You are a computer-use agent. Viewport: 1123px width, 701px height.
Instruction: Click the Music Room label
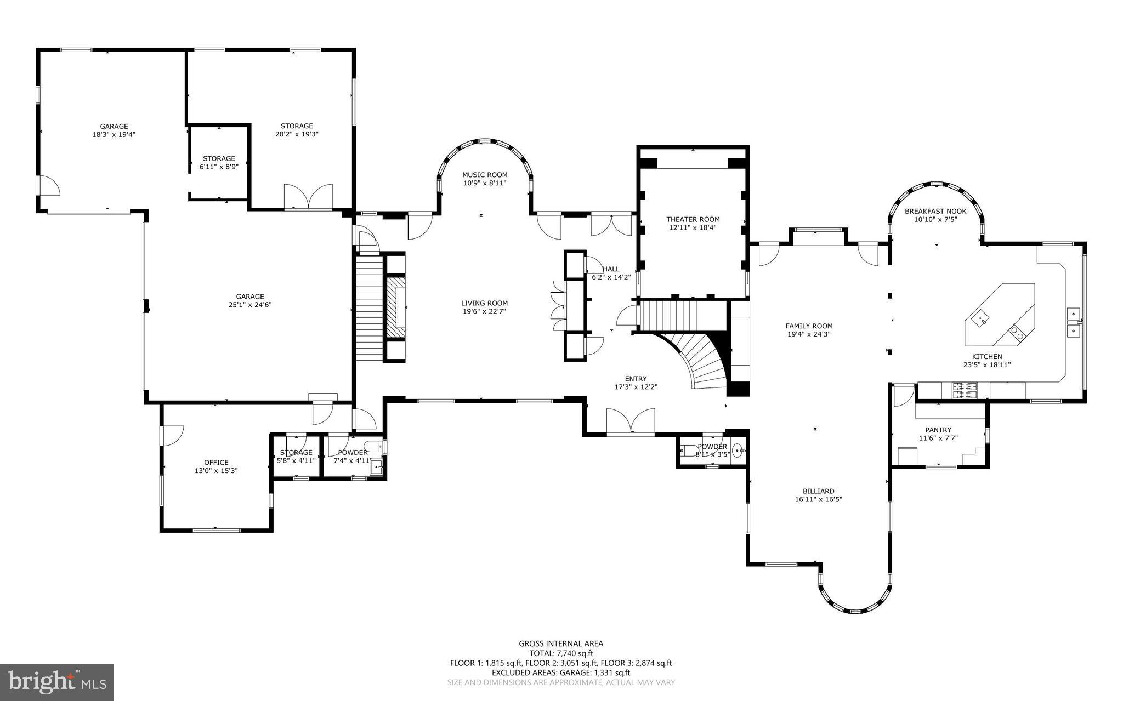(x=484, y=175)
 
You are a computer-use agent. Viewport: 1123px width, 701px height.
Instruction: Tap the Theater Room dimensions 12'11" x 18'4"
(x=693, y=227)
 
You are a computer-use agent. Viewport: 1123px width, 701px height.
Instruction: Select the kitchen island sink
(x=979, y=318)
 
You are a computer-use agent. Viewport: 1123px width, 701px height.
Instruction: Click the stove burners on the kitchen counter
(x=965, y=390)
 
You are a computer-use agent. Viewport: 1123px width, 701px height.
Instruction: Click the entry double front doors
(x=631, y=422)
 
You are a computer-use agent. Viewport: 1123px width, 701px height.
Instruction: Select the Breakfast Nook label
(x=935, y=212)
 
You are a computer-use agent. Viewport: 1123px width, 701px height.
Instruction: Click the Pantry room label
(x=938, y=430)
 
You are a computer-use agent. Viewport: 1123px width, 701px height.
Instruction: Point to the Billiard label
(x=818, y=492)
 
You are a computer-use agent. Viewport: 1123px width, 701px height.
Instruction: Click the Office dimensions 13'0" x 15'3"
(x=216, y=471)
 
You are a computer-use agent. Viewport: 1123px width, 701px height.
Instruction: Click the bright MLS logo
(x=57, y=682)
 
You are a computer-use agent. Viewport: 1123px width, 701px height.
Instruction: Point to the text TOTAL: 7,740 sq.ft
(x=561, y=653)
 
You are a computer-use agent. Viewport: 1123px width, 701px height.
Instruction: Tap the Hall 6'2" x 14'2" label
(x=611, y=273)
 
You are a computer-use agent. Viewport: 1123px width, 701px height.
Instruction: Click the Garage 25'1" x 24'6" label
(x=250, y=301)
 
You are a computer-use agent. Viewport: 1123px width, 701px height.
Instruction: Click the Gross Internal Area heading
(x=561, y=644)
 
